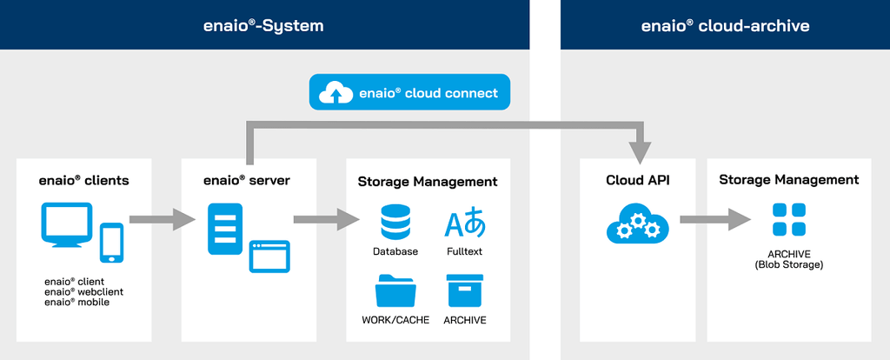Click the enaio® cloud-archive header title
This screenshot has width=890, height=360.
click(x=725, y=25)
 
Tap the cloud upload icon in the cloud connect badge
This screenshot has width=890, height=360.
click(x=334, y=93)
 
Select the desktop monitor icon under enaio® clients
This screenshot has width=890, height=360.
click(x=66, y=224)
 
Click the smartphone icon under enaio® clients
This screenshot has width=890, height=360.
click(x=111, y=243)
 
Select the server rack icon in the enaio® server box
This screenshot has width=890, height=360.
click(x=224, y=228)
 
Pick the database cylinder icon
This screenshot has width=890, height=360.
click(x=395, y=223)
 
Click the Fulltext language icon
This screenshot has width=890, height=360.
click(x=465, y=223)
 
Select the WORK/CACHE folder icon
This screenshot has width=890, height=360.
click(x=395, y=290)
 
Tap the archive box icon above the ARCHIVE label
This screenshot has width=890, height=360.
click(x=465, y=290)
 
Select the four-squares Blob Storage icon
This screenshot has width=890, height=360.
click(x=789, y=220)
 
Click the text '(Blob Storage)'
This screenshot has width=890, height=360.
click(x=789, y=264)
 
